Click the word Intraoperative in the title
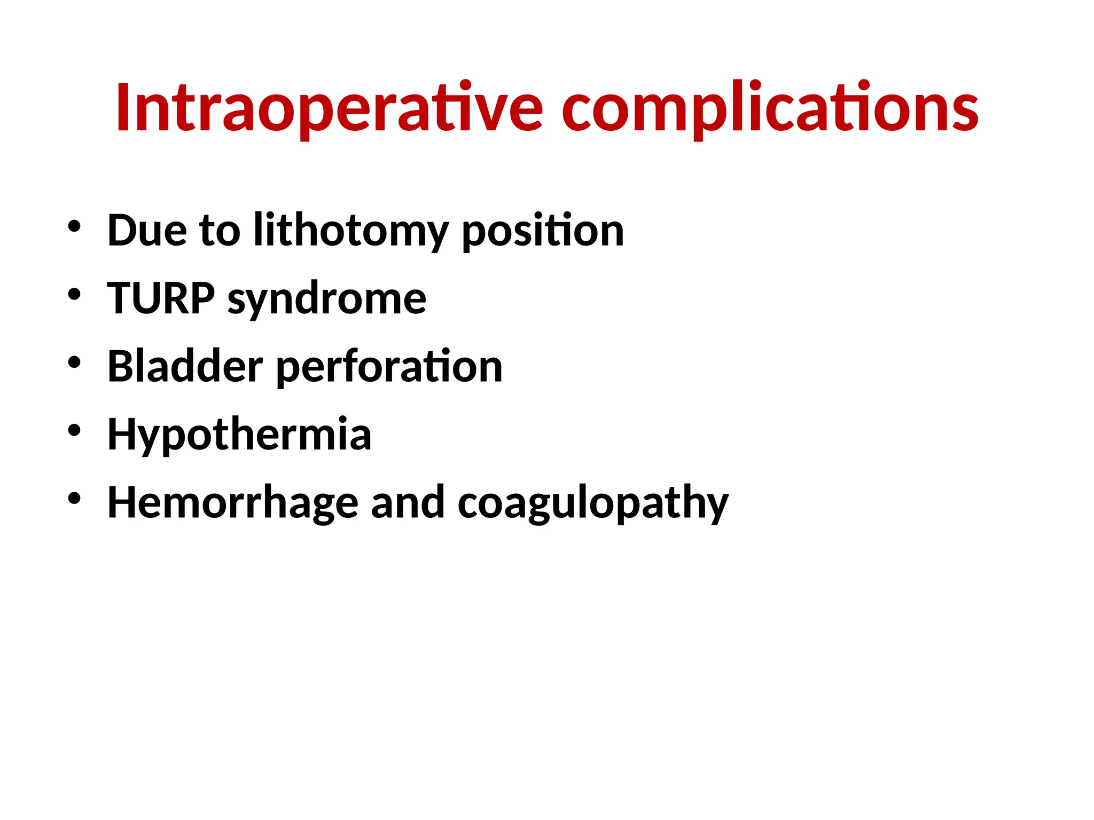point(329,108)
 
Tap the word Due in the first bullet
point(147,231)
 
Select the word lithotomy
point(350,231)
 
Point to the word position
point(542,231)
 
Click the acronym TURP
point(161,298)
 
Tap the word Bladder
point(185,366)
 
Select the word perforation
point(389,367)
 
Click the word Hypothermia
point(239,435)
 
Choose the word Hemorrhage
point(233,503)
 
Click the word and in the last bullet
point(408,503)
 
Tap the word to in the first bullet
point(220,231)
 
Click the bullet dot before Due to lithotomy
point(74,227)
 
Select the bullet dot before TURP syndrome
point(74,295)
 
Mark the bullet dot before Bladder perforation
point(74,362)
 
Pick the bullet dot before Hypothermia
point(74,430)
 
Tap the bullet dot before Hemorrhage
point(74,499)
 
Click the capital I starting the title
point(123,108)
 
